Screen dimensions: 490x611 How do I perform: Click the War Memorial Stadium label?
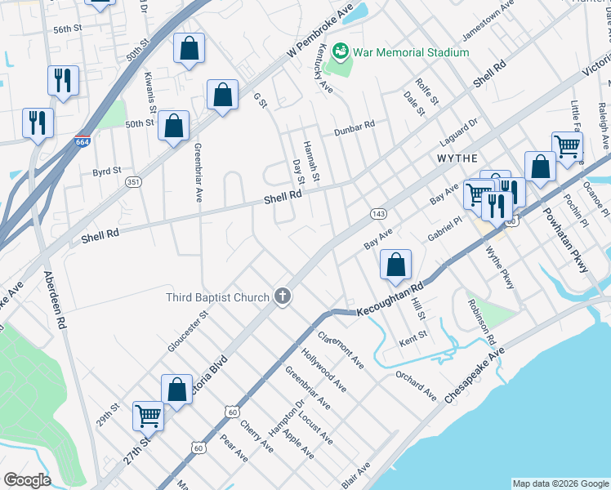point(411,52)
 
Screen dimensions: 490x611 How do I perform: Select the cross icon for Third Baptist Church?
point(283,296)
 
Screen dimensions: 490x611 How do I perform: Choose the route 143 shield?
point(378,212)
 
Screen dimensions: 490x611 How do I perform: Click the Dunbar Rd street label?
point(354,128)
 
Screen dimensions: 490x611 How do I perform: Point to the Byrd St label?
point(106,171)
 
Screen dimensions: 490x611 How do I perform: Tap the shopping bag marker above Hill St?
point(395,265)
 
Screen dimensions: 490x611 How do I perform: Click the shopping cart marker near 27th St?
point(148,416)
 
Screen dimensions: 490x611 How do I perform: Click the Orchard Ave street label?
point(416,382)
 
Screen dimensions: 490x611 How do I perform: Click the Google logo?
point(26,480)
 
